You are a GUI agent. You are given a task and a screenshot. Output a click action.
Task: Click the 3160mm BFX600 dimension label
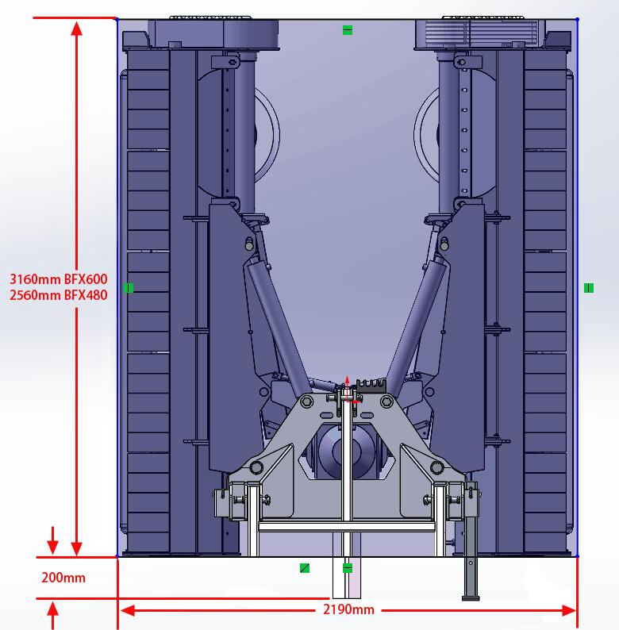coord(59,279)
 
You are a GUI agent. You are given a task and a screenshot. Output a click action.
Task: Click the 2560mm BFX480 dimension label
coord(59,295)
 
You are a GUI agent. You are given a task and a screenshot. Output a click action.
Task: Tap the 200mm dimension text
coord(63,578)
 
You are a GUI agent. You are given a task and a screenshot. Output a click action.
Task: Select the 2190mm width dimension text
coord(348,609)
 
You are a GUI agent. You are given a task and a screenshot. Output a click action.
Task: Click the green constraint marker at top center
coord(348,30)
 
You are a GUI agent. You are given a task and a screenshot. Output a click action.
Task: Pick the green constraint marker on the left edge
coord(129,288)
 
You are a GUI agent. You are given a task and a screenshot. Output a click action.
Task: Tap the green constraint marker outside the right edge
coord(589,288)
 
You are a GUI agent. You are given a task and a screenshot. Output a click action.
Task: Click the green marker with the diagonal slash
coord(305,568)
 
